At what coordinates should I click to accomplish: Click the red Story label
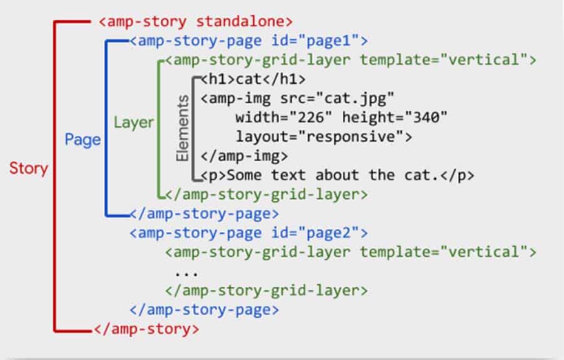click(x=28, y=168)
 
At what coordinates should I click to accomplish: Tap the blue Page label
click(x=83, y=139)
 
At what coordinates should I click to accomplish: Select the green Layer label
click(x=133, y=122)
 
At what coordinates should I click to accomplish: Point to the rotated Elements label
click(x=183, y=129)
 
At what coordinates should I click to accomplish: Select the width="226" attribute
click(x=280, y=117)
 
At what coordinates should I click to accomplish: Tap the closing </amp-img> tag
click(x=244, y=156)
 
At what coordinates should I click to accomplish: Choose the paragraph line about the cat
click(x=338, y=175)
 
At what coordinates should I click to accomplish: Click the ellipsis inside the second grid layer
click(x=187, y=272)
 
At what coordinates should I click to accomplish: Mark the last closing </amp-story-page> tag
click(x=204, y=310)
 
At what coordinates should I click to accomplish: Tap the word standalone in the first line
click(x=244, y=22)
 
